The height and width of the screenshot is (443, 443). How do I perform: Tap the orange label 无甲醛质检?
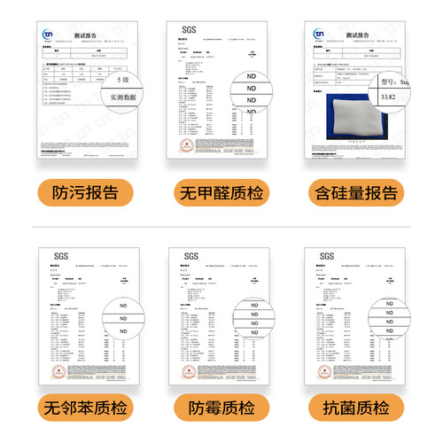tap(221, 192)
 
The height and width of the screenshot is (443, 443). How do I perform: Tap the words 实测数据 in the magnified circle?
tap(123, 97)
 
